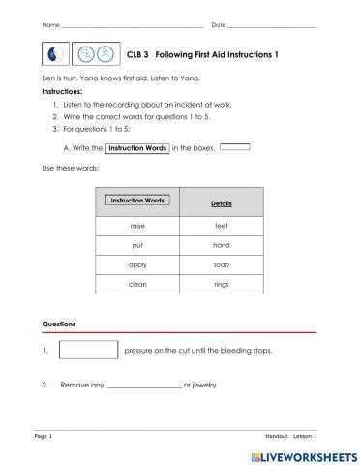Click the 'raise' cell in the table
(x=136, y=225)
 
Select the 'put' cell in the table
(x=136, y=245)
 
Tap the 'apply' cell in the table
(x=136, y=264)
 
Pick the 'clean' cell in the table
(x=136, y=285)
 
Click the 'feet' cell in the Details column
(x=221, y=225)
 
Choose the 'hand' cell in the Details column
(x=221, y=245)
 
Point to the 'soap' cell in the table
(x=221, y=264)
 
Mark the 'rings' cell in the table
(x=221, y=285)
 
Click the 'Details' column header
(x=221, y=203)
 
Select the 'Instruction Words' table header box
(x=136, y=201)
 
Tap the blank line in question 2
(x=143, y=387)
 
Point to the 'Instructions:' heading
(x=62, y=93)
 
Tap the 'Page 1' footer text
(x=43, y=437)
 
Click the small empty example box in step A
(x=234, y=147)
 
